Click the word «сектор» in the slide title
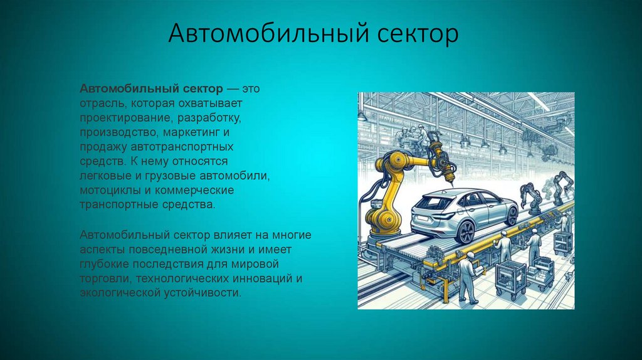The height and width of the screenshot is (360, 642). (419, 34)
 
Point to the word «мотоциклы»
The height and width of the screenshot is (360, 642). (105, 190)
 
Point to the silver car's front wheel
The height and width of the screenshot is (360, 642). (512, 214)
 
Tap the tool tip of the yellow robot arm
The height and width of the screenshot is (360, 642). (450, 182)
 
